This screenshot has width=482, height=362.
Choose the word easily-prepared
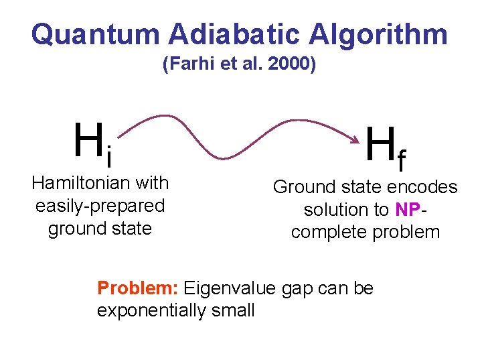click(x=100, y=205)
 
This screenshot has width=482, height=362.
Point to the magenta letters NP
click(x=407, y=210)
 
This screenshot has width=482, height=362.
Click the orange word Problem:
click(x=137, y=288)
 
